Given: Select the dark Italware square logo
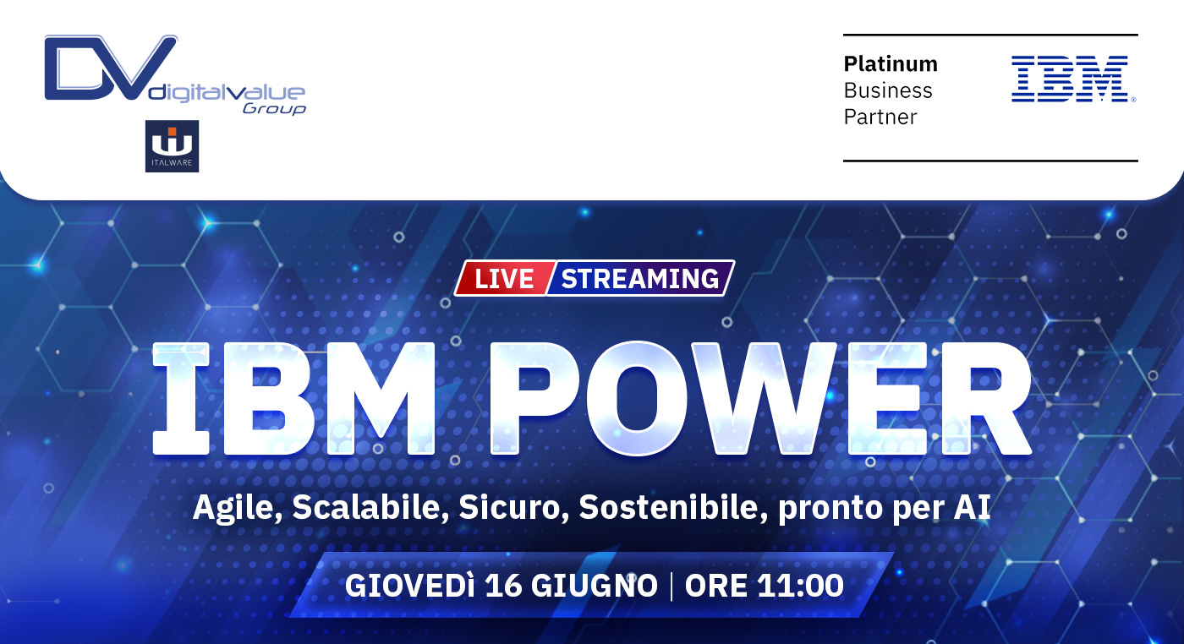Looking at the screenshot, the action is (173, 146).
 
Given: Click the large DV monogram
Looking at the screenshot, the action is (111, 68).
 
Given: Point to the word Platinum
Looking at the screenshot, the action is (891, 64).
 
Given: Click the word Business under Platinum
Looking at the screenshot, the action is (888, 90).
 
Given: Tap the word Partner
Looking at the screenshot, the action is (880, 117).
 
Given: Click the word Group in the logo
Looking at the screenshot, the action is (274, 109).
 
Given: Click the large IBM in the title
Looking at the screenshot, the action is (294, 398).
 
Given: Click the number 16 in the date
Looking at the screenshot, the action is (502, 586).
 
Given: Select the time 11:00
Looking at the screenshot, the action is (800, 586).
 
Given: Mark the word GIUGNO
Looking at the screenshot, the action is (595, 586).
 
